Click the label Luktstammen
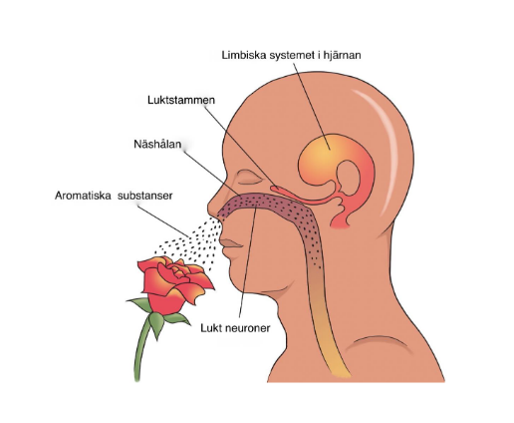tap(181, 100)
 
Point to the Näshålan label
tap(157, 144)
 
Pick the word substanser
tap(145, 196)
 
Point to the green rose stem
tap(140, 349)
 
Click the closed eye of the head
tap(250, 178)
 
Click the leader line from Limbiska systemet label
tap(312, 107)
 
